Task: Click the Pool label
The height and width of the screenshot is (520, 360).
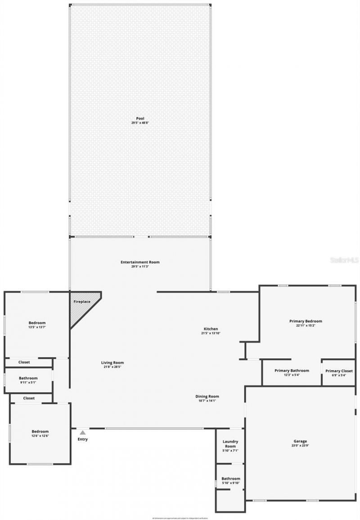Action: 140,118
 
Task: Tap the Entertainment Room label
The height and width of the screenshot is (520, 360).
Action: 140,262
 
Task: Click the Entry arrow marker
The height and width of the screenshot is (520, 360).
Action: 82,432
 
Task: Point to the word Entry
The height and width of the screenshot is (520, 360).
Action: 82,439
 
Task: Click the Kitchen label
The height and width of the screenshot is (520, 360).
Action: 210,329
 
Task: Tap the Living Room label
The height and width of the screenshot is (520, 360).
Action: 112,362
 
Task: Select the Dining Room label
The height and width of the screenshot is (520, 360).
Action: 207,396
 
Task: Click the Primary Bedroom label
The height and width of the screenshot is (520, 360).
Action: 306,321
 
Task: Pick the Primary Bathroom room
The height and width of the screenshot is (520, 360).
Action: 292,372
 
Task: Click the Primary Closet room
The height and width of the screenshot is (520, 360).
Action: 339,372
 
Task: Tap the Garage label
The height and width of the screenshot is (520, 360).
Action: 300,441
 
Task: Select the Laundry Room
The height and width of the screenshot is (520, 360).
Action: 230,446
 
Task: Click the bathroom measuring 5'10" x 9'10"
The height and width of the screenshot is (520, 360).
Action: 230,480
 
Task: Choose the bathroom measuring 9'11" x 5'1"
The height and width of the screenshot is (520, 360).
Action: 28,380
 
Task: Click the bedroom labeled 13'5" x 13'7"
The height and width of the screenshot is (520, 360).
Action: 37,325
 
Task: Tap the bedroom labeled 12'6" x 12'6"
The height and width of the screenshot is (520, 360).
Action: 40,433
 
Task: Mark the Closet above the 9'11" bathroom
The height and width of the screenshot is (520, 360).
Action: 24,362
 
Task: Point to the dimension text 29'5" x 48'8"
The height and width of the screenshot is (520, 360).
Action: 140,123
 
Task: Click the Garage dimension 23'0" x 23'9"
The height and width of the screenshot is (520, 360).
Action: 300,446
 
